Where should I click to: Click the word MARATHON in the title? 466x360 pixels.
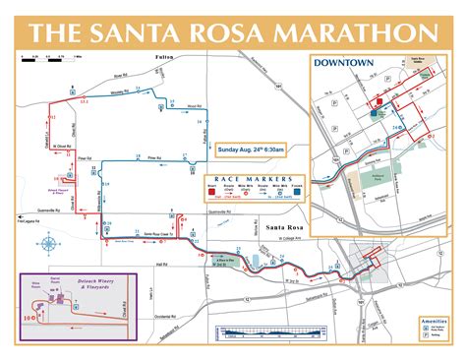[x=347, y=30]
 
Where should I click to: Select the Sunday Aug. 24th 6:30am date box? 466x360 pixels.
[x=251, y=150]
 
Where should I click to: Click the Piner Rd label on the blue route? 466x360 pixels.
[x=152, y=156]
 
